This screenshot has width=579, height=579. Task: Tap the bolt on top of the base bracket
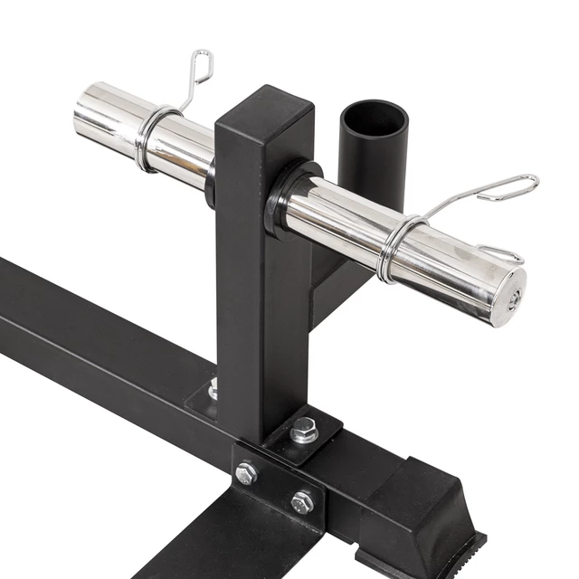[304, 430]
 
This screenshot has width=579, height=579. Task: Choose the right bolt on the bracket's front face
[302, 500]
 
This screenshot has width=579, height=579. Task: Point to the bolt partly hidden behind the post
[214, 389]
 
